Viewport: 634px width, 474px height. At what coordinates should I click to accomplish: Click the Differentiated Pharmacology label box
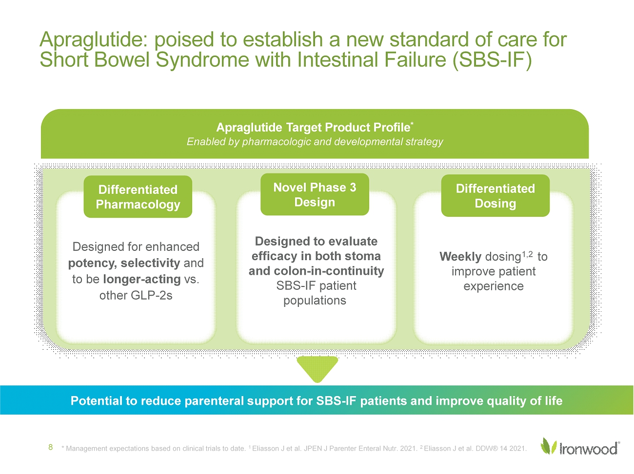[138, 197]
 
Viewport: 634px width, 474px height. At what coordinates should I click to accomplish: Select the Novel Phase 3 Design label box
[315, 194]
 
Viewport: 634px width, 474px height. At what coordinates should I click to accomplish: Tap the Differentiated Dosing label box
[495, 196]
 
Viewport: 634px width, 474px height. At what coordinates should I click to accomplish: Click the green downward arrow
[317, 368]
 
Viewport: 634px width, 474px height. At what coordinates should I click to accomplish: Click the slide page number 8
[50, 447]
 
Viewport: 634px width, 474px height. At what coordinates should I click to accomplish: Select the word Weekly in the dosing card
[460, 257]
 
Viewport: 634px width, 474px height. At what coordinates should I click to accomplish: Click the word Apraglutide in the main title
[95, 40]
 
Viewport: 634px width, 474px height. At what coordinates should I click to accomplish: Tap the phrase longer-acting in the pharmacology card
[142, 279]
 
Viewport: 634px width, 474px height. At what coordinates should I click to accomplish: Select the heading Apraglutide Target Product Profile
[313, 128]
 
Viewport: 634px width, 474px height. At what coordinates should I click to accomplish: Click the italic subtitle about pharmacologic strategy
[315, 142]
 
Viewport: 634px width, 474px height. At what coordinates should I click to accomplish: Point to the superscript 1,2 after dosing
[527, 254]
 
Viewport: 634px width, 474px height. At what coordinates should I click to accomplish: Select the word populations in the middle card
[315, 301]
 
